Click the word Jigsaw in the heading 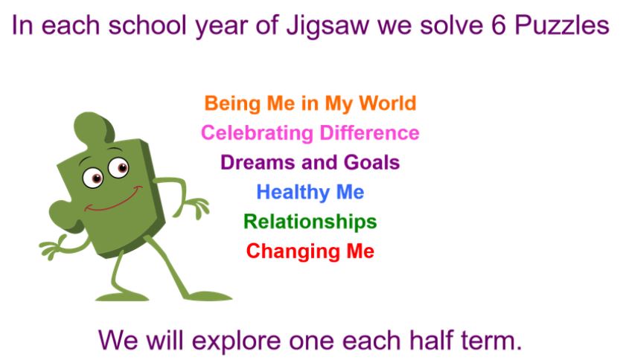(328, 26)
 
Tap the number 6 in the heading (499, 25)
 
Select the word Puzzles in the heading (562, 25)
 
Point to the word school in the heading (147, 25)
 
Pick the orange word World (387, 103)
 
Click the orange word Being (233, 104)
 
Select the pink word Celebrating (257, 133)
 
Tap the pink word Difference (369, 132)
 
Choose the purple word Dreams (258, 162)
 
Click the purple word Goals (371, 162)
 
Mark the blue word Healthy (293, 193)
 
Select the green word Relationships (310, 222)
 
